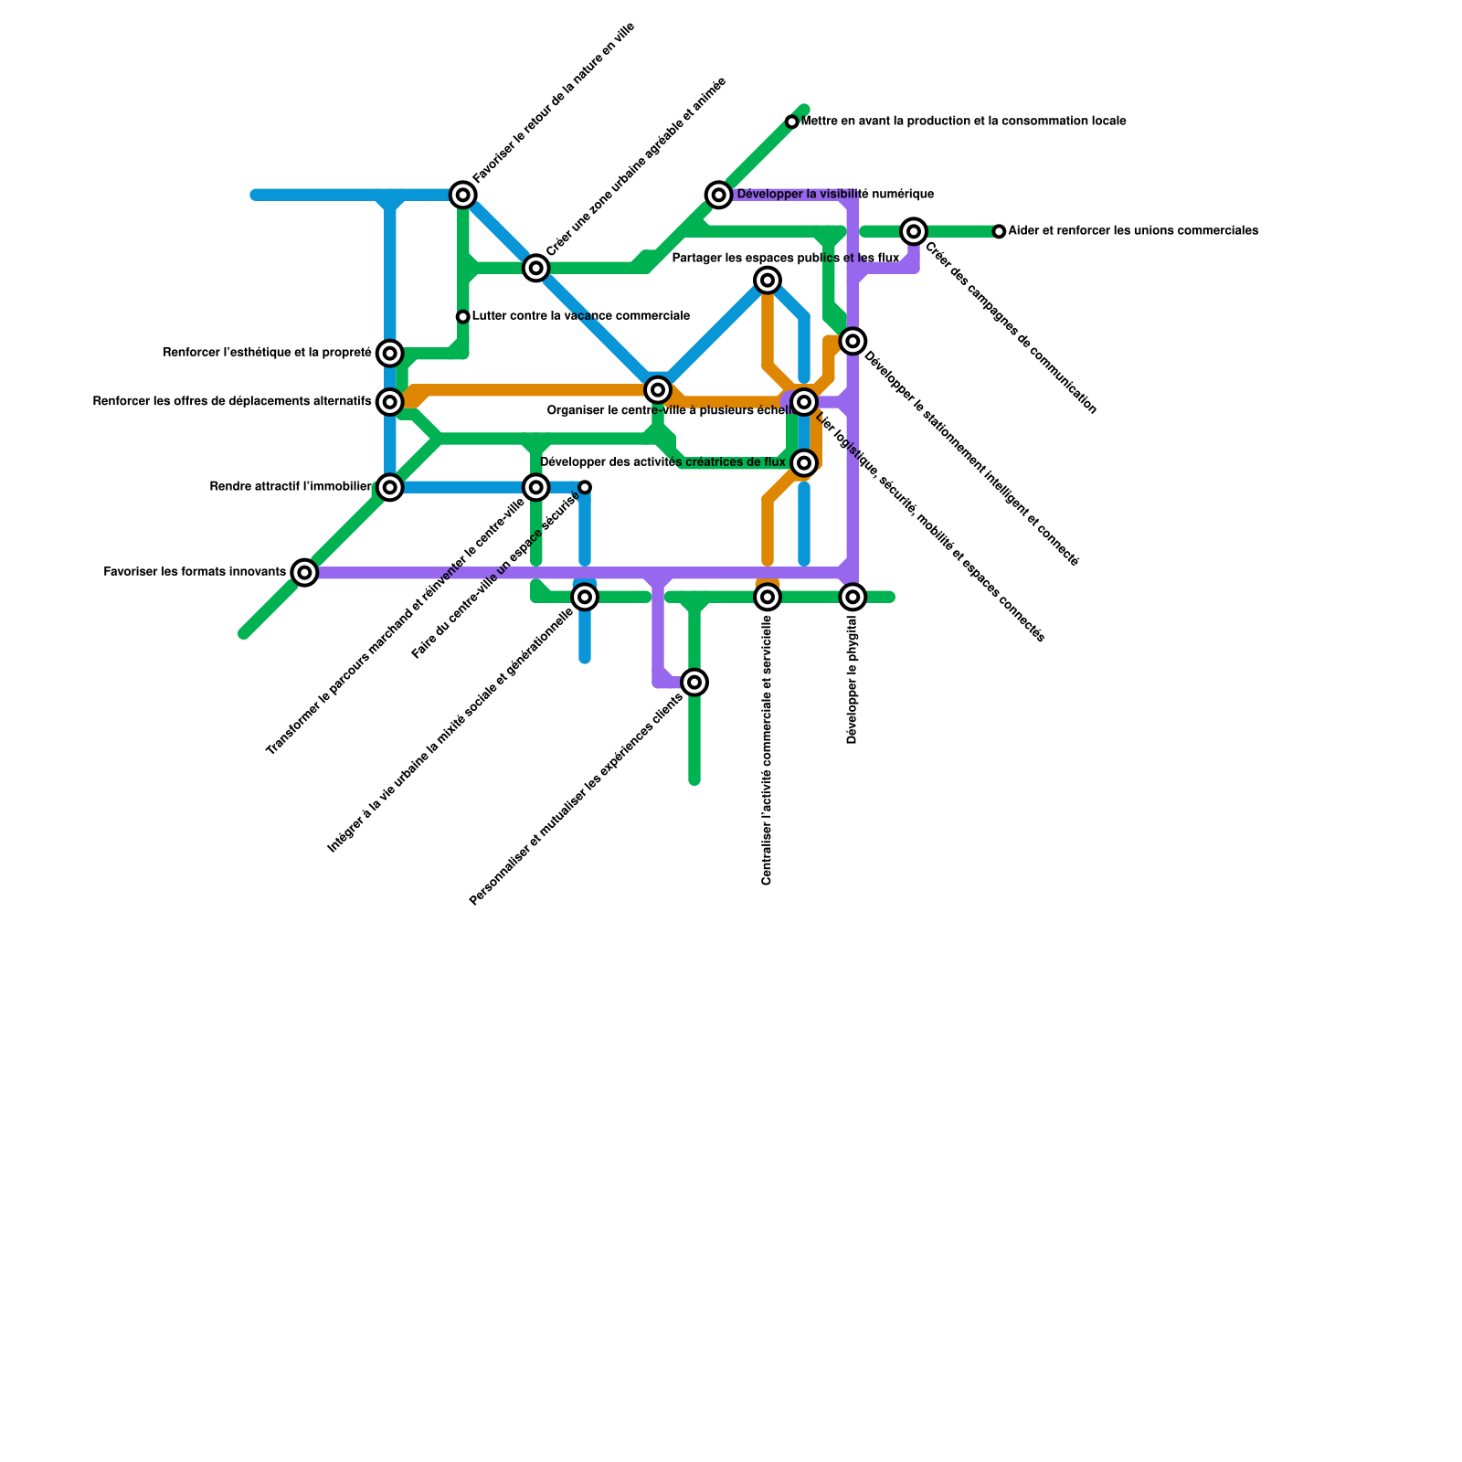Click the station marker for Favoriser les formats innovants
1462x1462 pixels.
(x=305, y=573)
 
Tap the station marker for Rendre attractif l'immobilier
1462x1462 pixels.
(x=390, y=487)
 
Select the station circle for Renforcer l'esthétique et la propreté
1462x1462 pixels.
(x=390, y=353)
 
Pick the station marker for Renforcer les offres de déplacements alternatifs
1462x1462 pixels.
(x=390, y=401)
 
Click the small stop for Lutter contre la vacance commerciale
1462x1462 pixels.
(x=463, y=317)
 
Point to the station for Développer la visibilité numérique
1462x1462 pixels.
(x=719, y=195)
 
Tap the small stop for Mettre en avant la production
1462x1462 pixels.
(x=792, y=122)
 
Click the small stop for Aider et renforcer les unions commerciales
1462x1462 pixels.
(x=1000, y=232)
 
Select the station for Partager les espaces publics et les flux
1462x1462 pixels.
(x=768, y=280)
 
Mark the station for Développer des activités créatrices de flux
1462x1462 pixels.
(x=804, y=463)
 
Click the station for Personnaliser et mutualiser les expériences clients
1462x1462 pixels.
(x=694, y=683)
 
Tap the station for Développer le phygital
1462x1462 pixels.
(x=853, y=598)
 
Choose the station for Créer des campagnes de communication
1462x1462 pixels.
(x=914, y=232)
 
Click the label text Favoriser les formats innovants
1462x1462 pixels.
(x=195, y=573)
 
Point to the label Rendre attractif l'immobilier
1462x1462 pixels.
(x=291, y=487)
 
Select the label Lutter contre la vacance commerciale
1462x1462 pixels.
(x=581, y=316)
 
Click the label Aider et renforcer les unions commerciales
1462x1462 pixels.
(x=1134, y=231)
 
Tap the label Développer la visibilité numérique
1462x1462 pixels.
(x=835, y=194)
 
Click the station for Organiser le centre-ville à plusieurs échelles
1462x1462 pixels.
(x=657, y=390)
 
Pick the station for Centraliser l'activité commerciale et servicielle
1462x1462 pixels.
(x=768, y=598)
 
